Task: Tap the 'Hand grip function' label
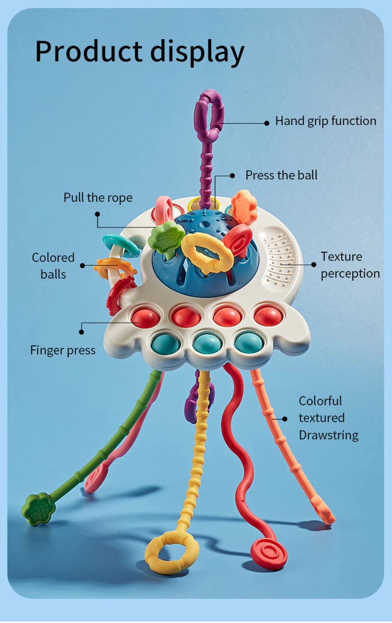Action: tap(325, 121)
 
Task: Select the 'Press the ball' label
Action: tap(281, 175)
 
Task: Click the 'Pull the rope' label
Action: tap(98, 198)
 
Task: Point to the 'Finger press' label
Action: tap(63, 350)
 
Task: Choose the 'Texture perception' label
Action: tap(350, 265)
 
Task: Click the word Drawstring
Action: tap(328, 435)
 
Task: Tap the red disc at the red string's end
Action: tap(269, 553)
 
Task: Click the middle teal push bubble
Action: tap(207, 343)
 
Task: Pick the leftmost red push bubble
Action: tap(145, 317)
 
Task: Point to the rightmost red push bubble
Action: tap(268, 315)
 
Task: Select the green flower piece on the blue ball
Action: tap(166, 238)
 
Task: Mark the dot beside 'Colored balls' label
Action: tap(83, 265)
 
